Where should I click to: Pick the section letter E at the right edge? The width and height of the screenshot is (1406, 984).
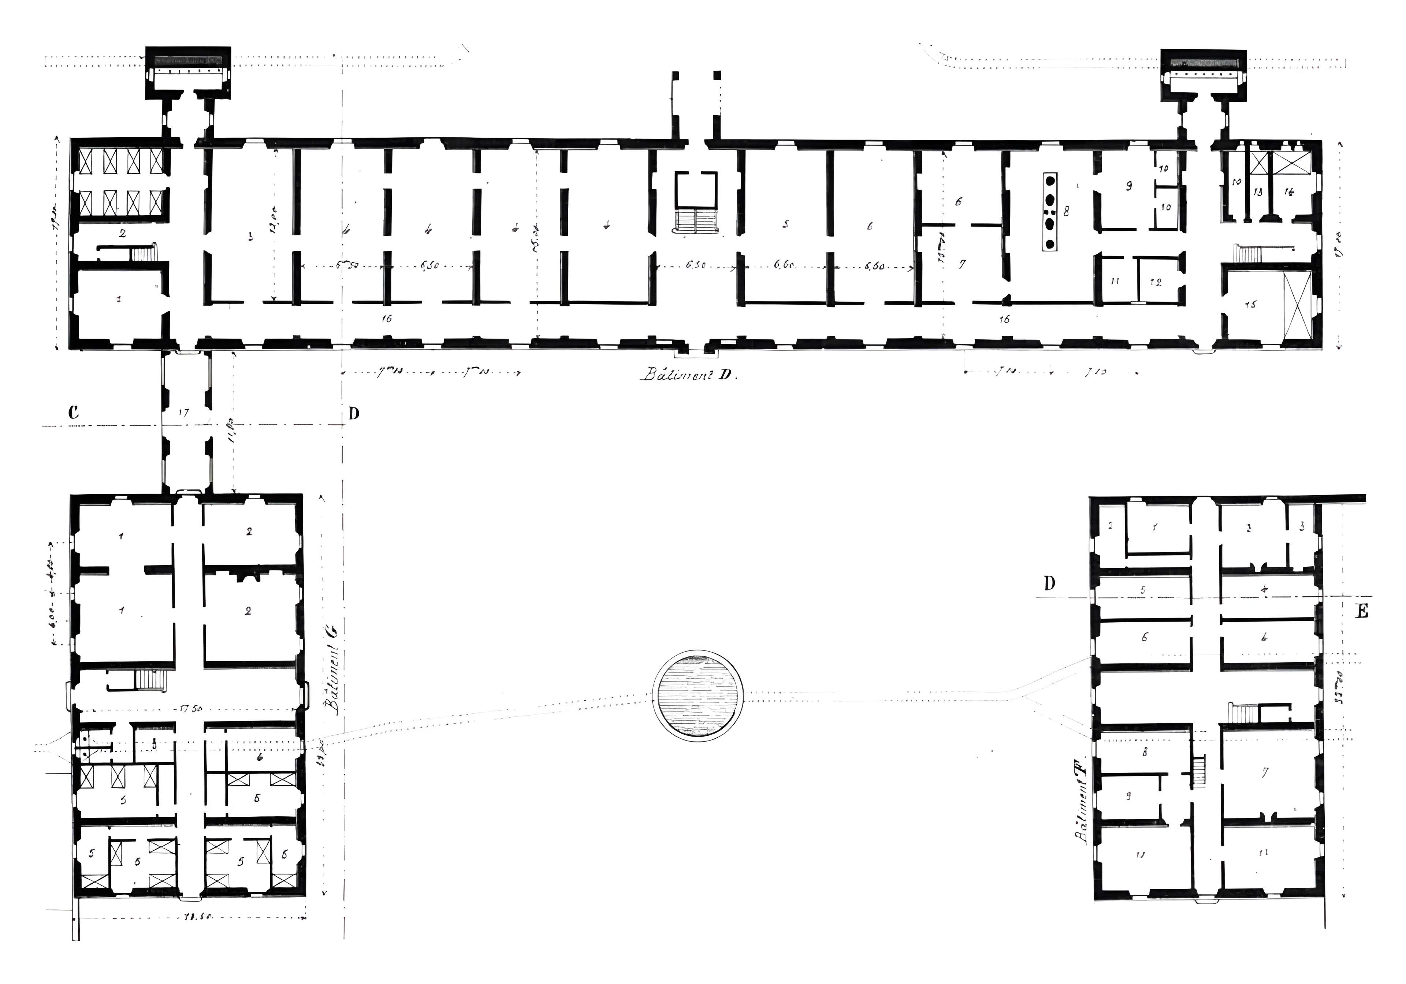coord(1361,612)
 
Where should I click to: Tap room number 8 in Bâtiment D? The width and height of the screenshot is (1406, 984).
coord(1066,211)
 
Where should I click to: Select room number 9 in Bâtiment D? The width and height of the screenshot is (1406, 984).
coord(1128,186)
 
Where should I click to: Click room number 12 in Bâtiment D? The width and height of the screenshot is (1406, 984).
coord(1156,282)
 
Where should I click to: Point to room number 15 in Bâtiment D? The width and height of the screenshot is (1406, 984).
coord(1250,304)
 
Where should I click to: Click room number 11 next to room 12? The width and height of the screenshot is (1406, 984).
coord(1115,281)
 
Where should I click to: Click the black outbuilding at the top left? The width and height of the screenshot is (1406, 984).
coord(188,72)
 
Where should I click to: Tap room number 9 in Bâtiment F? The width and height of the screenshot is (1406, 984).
coord(1128,795)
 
